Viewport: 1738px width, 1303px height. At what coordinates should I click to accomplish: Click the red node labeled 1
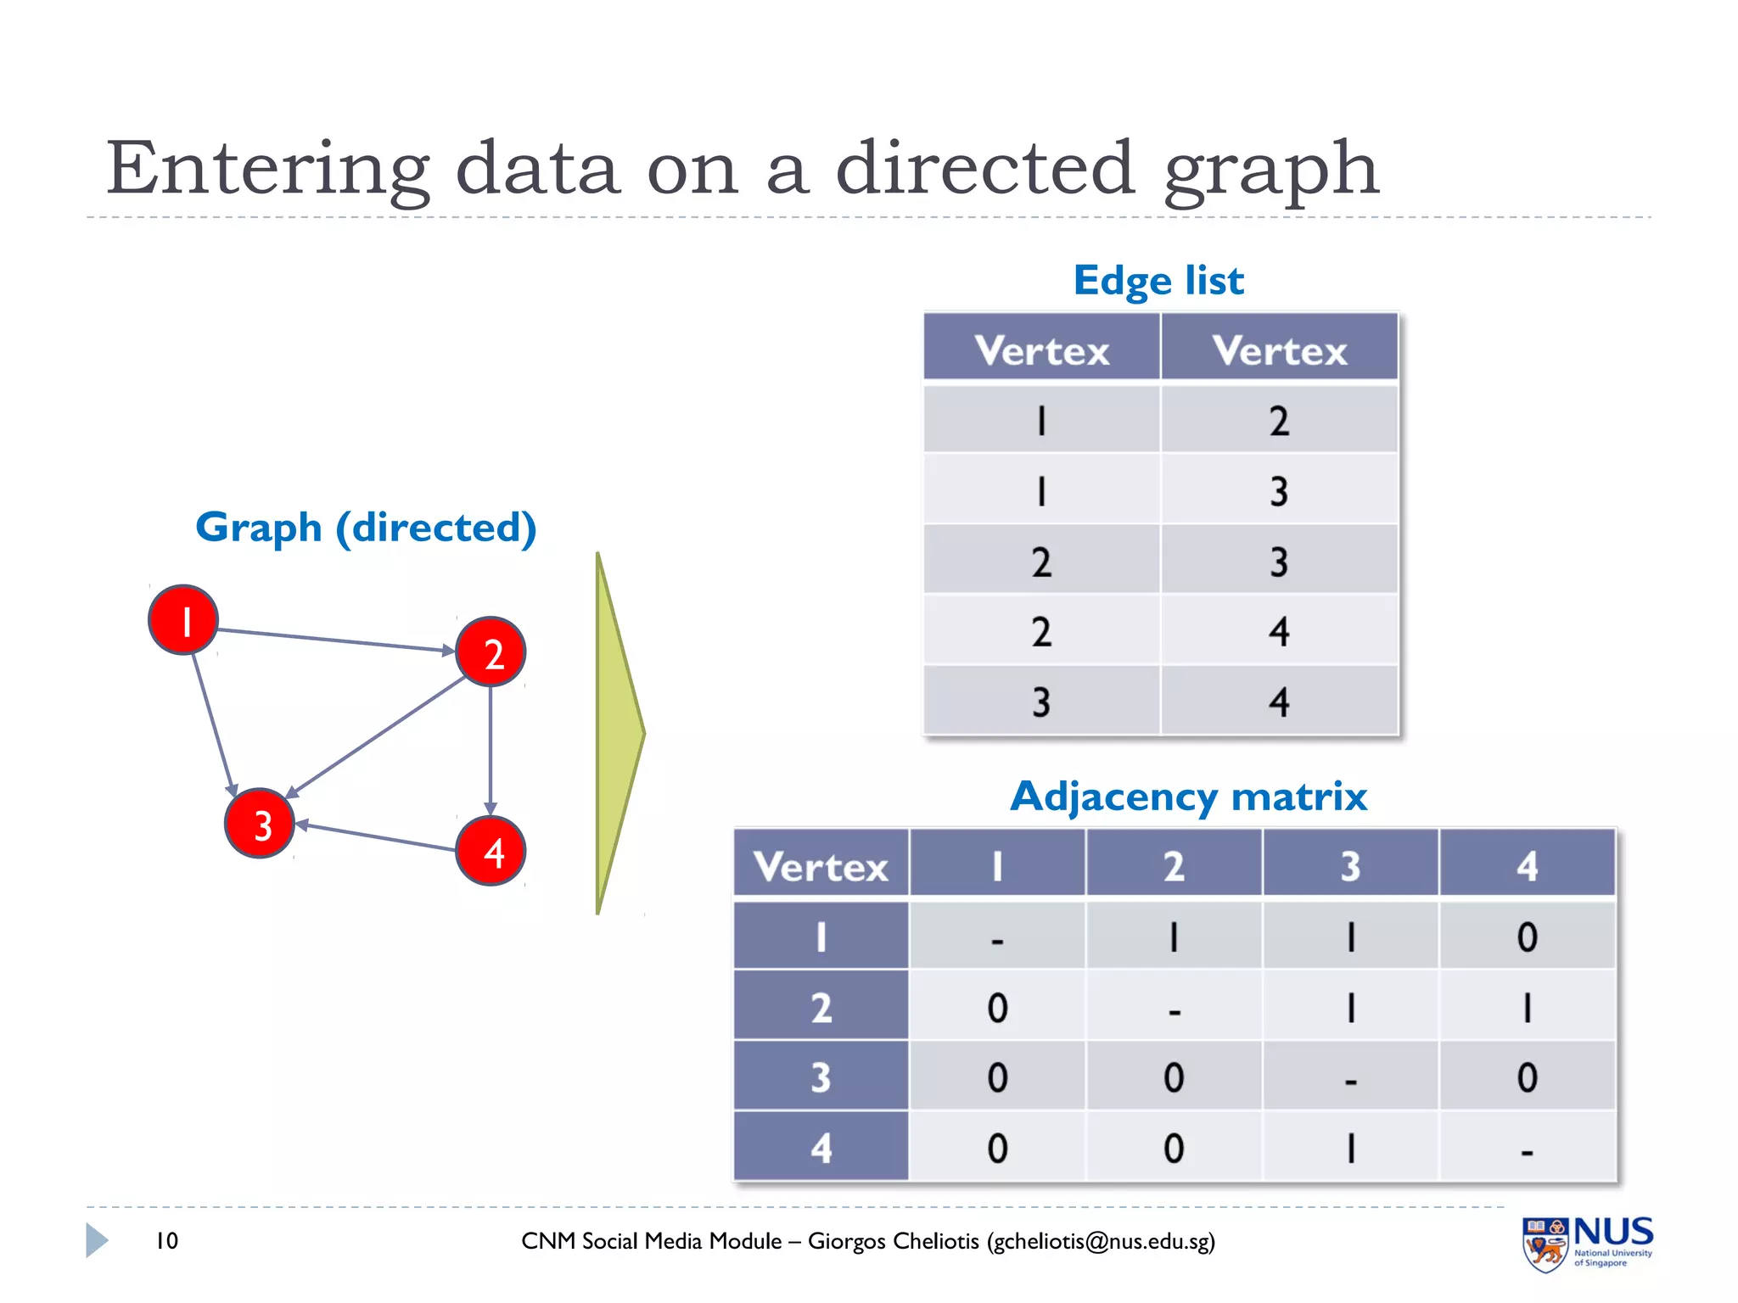point(183,619)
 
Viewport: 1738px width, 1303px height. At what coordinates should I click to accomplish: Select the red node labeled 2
point(491,651)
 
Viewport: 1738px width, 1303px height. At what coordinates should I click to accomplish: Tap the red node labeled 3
point(260,823)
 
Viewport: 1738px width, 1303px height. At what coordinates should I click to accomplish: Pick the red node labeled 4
point(491,851)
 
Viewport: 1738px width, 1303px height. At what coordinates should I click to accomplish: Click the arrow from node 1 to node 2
point(335,640)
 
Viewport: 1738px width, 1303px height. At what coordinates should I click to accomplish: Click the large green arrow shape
point(618,734)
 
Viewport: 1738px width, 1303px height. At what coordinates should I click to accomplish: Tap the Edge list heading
point(1158,281)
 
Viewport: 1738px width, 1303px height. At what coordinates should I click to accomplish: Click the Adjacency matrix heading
point(1188,797)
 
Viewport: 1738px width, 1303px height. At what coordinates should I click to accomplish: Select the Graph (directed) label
point(366,528)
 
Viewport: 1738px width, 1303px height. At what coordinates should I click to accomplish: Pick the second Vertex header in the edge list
point(1279,350)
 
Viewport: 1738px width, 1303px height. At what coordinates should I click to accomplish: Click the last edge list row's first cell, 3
point(1041,702)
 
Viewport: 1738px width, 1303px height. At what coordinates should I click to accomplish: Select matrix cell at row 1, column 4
point(1527,937)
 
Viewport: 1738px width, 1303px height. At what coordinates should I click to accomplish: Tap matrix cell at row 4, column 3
point(1350,1148)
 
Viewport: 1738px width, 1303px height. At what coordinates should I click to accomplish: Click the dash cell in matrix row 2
point(1174,1008)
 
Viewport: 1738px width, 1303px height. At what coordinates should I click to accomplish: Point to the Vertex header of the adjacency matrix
point(821,866)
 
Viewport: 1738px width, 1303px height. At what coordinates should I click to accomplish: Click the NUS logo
point(1587,1244)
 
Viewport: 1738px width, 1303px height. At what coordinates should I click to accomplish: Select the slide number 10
point(166,1241)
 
